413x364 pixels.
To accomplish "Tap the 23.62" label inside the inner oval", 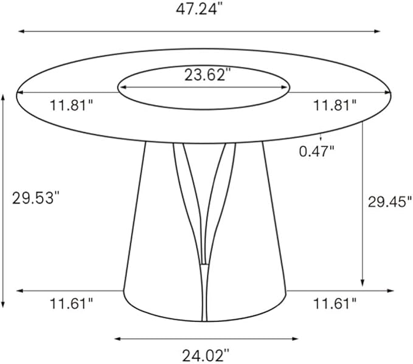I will pos(208,75).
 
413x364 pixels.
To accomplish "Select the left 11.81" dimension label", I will pos(71,105).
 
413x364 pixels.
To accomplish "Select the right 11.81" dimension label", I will pos(335,105).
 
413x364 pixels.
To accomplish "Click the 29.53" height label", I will pos(35,198).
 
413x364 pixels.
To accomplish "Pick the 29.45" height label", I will pos(386,203).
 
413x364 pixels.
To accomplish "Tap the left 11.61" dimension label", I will pos(71,301).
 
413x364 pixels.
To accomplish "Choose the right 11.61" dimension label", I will pos(335,301).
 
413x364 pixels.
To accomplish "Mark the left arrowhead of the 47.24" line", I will pos(21,31).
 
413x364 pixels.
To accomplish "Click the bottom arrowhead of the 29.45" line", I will pos(363,283).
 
